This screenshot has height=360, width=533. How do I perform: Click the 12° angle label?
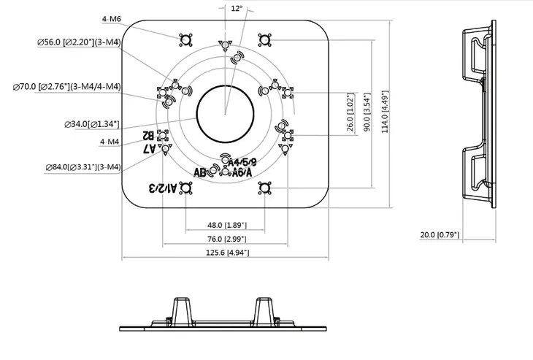tap(236, 9)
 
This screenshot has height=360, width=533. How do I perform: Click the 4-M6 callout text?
tap(112, 18)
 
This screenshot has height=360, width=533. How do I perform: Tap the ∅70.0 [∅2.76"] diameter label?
tap(66, 87)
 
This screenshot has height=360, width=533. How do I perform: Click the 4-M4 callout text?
tap(110, 140)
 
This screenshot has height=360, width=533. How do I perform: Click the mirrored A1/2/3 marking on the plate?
tap(163, 188)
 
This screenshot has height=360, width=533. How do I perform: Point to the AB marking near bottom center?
tap(200, 172)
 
